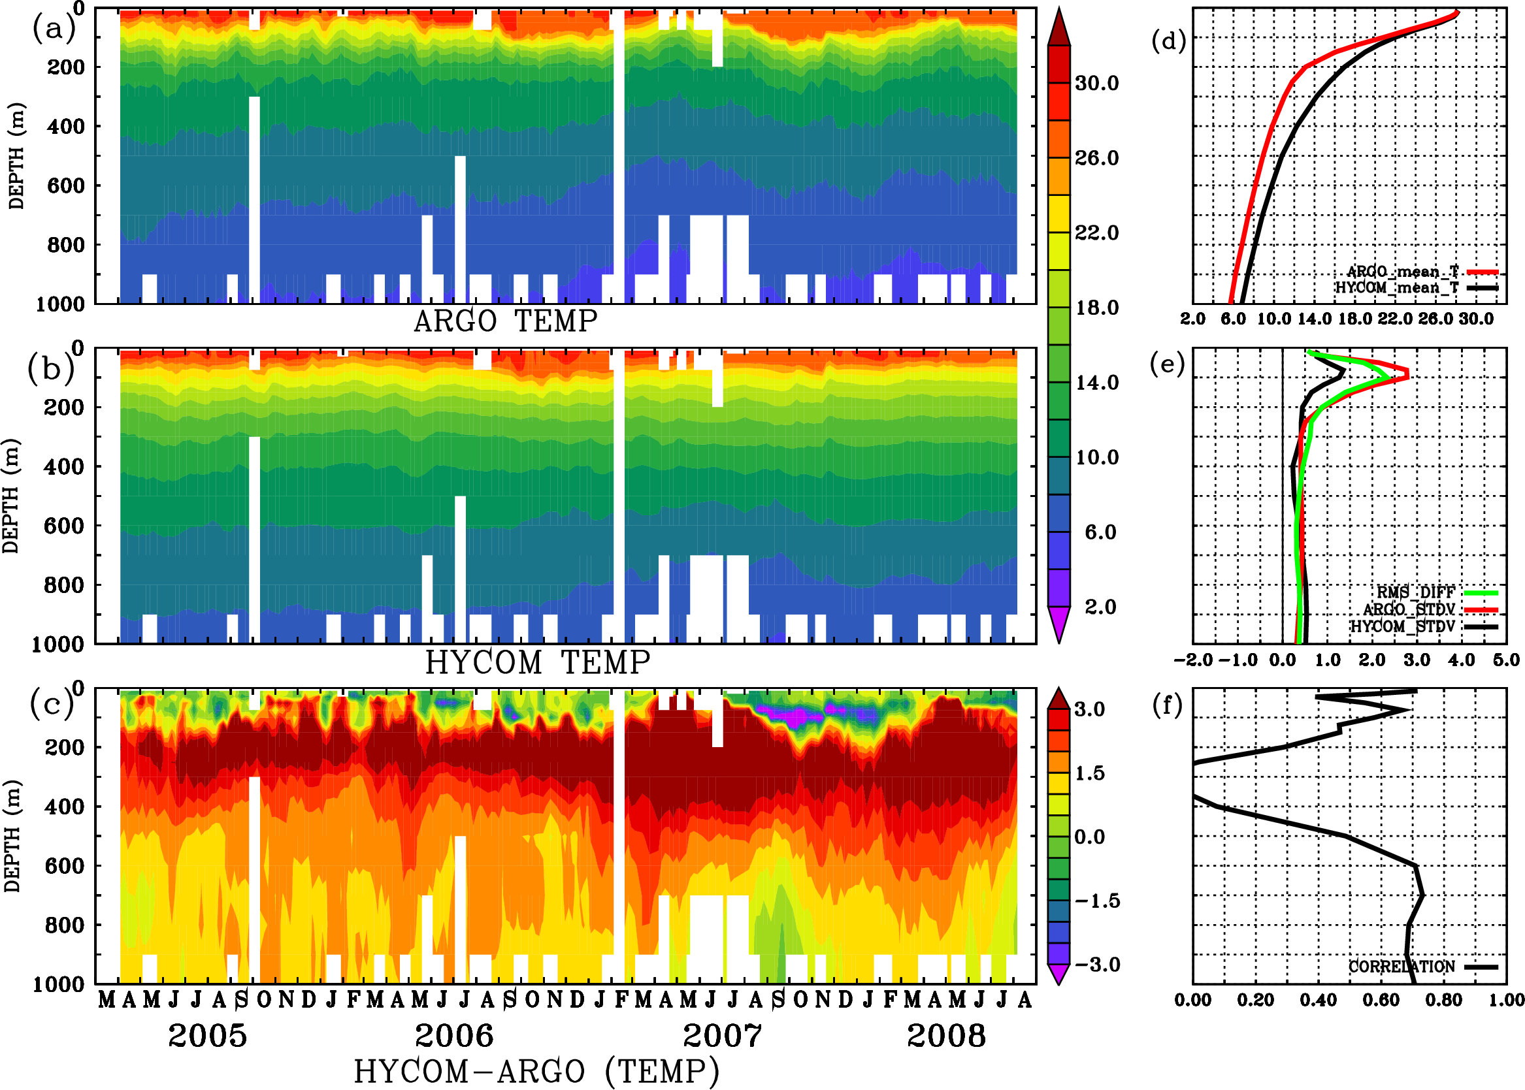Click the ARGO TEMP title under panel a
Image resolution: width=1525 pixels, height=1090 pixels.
click(x=505, y=321)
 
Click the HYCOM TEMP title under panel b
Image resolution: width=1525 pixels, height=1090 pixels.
click(x=538, y=662)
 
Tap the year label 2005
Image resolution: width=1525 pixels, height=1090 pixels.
click(x=208, y=1036)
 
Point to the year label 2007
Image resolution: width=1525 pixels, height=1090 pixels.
click(x=723, y=1036)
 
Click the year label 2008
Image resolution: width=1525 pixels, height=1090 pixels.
click(x=946, y=1036)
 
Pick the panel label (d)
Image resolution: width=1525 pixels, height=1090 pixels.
click(x=1169, y=41)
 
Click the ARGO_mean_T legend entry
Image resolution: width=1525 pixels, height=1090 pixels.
click(x=1403, y=272)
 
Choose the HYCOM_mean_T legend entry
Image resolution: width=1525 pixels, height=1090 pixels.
click(x=1397, y=288)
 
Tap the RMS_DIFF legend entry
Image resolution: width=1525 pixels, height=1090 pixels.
click(x=1415, y=592)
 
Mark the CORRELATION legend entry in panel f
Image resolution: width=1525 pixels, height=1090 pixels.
click(x=1402, y=967)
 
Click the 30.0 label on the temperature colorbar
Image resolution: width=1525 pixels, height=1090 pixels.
click(x=1096, y=83)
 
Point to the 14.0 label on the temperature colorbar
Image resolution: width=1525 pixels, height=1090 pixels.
click(x=1096, y=383)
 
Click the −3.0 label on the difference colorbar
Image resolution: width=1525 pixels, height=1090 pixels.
click(x=1097, y=965)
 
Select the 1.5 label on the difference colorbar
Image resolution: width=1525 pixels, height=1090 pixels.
click(x=1089, y=773)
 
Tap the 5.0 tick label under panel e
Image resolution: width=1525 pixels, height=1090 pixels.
click(x=1506, y=660)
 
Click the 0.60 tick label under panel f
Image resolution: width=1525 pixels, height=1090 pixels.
click(x=1381, y=1000)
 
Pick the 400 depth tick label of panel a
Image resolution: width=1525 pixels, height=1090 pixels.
click(x=65, y=126)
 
